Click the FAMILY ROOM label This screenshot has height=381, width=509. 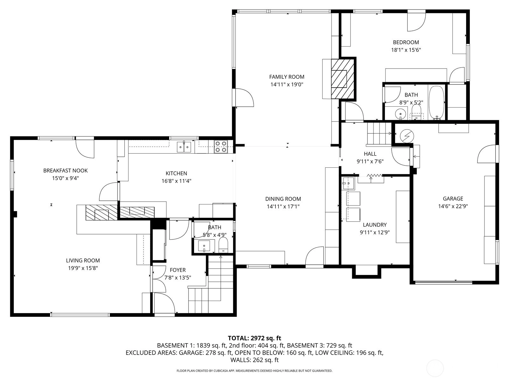point(287,77)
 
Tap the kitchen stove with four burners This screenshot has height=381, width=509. point(221,147)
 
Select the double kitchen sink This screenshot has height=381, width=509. point(184,147)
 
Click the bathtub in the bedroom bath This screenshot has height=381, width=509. point(436,103)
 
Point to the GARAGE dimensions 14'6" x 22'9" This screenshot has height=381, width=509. point(453,206)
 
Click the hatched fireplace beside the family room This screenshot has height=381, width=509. point(343,79)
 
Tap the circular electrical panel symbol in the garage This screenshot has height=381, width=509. point(407,136)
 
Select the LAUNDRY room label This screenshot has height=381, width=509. point(375,224)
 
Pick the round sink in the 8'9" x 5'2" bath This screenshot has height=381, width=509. point(400,114)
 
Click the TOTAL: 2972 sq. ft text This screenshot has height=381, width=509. point(254,338)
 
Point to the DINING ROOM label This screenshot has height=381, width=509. point(283,199)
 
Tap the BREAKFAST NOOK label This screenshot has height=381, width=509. point(66,170)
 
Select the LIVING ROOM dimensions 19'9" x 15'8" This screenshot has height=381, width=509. point(83,268)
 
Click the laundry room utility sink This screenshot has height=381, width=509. point(348,183)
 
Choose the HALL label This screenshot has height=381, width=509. point(370,154)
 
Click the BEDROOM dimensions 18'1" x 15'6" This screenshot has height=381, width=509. point(406,50)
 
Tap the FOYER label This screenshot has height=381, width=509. point(178,270)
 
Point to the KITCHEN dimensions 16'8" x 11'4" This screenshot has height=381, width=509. point(176,181)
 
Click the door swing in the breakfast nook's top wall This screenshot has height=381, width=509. point(85,149)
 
